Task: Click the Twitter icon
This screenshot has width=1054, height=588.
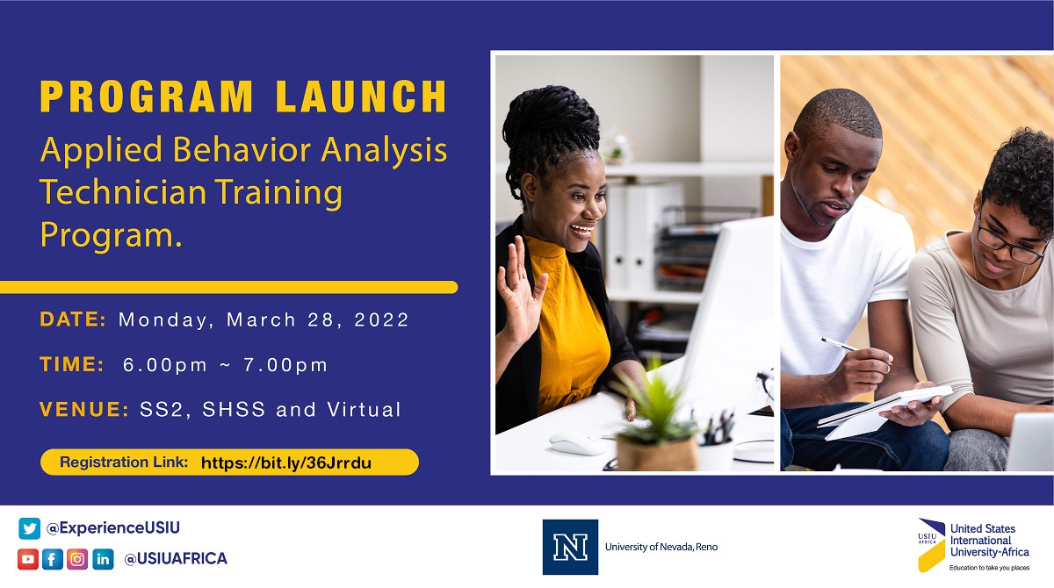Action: point(29,528)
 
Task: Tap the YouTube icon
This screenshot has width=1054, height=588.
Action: point(28,559)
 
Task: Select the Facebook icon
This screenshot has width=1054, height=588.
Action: point(52,559)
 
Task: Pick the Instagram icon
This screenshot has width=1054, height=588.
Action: point(77,559)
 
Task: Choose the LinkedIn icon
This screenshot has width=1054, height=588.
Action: point(103,559)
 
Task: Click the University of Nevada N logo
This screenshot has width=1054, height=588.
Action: point(570,547)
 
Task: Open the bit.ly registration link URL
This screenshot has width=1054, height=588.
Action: point(286,463)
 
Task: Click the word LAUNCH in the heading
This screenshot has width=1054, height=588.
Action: point(361,97)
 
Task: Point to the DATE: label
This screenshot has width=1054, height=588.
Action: point(73,319)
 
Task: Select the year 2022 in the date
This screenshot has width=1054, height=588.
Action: point(381,319)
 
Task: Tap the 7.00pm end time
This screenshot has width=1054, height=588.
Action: point(285,365)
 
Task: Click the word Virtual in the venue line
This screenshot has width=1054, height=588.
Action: point(364,409)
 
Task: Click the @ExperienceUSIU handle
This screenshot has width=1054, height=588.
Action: point(113,527)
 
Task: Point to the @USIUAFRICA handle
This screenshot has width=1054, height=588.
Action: point(176,558)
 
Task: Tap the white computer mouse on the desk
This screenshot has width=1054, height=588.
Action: point(579,443)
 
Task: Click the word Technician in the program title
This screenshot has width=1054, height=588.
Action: point(123,192)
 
